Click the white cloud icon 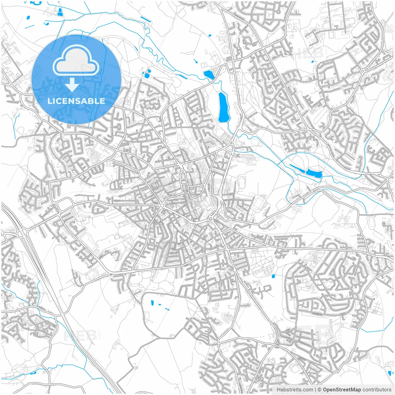(x=76, y=62)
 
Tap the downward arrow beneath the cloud (x=72, y=85)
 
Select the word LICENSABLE (x=76, y=101)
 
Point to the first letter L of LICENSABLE (x=49, y=101)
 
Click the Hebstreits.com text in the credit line (x=295, y=390)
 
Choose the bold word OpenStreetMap (x=342, y=390)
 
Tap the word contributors (x=377, y=390)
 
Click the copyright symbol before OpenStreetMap (x=319, y=390)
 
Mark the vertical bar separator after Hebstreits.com (x=315, y=390)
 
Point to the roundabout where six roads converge (x=162, y=205)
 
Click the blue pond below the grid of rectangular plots (x=273, y=276)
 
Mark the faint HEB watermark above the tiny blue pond (x=307, y=53)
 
